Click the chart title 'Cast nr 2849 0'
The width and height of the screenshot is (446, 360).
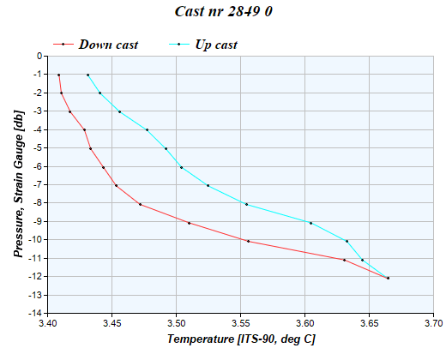pyautogui.click(x=223, y=12)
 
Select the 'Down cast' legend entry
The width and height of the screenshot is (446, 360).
pyautogui.click(x=108, y=44)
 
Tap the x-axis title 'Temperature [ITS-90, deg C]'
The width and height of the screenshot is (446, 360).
pyautogui.click(x=241, y=339)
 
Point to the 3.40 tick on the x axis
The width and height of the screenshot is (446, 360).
pyautogui.click(x=48, y=323)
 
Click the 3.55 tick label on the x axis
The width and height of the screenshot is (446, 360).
pyautogui.click(x=241, y=323)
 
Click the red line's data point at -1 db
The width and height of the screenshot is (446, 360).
pyautogui.click(x=58, y=75)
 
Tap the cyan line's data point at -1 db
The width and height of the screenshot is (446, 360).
pyautogui.click(x=87, y=75)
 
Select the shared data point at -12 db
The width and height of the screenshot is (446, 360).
pyautogui.click(x=388, y=278)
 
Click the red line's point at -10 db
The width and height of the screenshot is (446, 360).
pyautogui.click(x=248, y=241)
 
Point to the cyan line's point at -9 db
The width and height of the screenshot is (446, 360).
pyautogui.click(x=310, y=223)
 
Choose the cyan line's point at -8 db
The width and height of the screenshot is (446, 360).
pyautogui.click(x=246, y=204)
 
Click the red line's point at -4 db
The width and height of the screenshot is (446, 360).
pyautogui.click(x=84, y=130)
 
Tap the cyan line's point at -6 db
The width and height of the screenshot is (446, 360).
pyautogui.click(x=181, y=167)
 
